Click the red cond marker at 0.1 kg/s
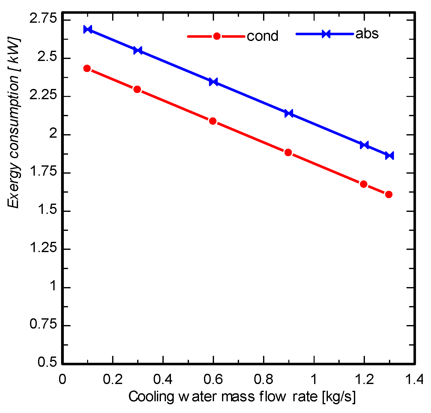click(87, 68)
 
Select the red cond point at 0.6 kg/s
click(212, 121)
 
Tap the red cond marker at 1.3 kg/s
click(388, 194)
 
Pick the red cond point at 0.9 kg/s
click(288, 152)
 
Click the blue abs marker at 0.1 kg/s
click(88, 29)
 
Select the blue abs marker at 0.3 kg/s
click(138, 50)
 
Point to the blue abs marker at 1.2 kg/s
click(364, 145)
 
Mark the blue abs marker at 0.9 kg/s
click(289, 113)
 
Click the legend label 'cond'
click(262, 36)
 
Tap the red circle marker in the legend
click(217, 36)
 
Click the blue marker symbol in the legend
click(326, 34)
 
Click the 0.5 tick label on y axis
click(47, 362)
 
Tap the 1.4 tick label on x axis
click(414, 379)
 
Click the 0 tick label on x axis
click(62, 379)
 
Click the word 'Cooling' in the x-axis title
click(151, 397)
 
